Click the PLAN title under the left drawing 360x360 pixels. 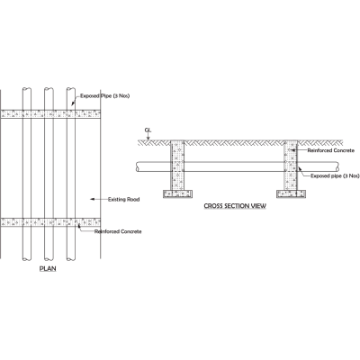pos(48,268)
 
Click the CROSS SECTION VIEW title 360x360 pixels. pos(235,206)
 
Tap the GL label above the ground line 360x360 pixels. pos(148,130)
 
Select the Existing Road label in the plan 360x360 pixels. pos(123,199)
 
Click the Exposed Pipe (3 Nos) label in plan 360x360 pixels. pos(105,96)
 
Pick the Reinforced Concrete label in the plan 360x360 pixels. pos(118,231)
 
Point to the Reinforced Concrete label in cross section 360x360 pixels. pos(331,150)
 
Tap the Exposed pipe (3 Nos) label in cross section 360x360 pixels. pos(335,175)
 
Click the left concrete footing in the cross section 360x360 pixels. pos(177,194)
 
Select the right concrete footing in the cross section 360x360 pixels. pos(291,194)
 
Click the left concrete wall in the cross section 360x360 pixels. pos(177,166)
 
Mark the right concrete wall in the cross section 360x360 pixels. pos(291,166)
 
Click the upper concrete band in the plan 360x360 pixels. pos(50,114)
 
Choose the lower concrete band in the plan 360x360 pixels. pos(50,222)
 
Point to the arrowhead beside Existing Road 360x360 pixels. pos(92,199)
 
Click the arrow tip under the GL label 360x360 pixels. pos(148,139)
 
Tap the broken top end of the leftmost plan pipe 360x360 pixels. pos(27,88)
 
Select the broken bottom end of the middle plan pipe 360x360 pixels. pos(49,258)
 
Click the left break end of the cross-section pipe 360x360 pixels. pos(137,166)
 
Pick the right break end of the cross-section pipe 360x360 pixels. pos(337,166)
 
